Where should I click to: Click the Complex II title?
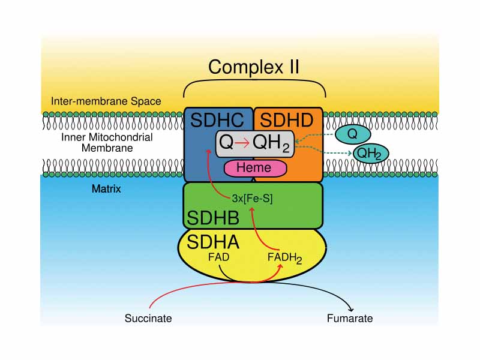tap(254, 67)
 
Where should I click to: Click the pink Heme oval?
tap(254, 169)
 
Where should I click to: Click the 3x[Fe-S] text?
tap(252, 199)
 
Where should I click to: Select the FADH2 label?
tap(285, 258)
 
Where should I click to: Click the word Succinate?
tap(148, 318)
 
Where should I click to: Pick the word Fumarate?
tap(350, 318)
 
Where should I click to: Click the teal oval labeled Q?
tap(352, 134)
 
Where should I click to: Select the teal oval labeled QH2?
tap(371, 154)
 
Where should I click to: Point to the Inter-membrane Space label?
tap(106, 101)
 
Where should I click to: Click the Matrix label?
tap(106, 189)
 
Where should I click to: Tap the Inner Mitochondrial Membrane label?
tap(107, 143)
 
